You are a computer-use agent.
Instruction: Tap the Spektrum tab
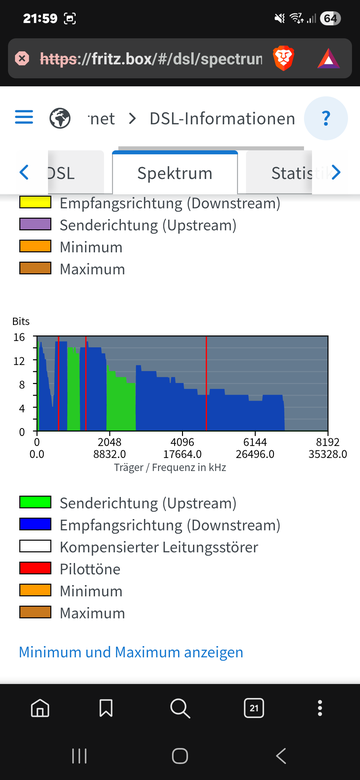(x=175, y=173)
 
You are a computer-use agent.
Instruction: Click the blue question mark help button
(x=326, y=118)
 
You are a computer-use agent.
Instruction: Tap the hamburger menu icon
(x=24, y=117)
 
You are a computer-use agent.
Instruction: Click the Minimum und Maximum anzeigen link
(x=131, y=652)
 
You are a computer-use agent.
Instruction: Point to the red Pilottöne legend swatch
(x=35, y=568)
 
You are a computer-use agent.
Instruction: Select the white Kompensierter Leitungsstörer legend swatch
(x=35, y=546)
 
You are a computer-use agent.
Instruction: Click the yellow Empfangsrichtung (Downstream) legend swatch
(x=35, y=202)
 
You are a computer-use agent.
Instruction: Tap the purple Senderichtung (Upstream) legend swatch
(x=35, y=224)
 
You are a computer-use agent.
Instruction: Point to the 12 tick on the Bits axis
(x=18, y=360)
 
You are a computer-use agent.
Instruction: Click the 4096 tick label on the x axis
(x=182, y=442)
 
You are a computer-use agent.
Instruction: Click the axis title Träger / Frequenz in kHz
(x=170, y=468)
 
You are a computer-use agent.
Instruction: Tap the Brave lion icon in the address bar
(x=283, y=59)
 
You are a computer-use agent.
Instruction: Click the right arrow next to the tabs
(x=336, y=173)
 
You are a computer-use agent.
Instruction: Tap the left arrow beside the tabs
(x=24, y=173)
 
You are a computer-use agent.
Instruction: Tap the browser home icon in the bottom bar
(x=40, y=708)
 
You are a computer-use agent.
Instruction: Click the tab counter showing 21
(x=254, y=708)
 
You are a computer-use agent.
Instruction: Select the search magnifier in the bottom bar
(x=180, y=708)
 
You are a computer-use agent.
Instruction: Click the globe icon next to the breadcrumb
(x=60, y=118)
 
